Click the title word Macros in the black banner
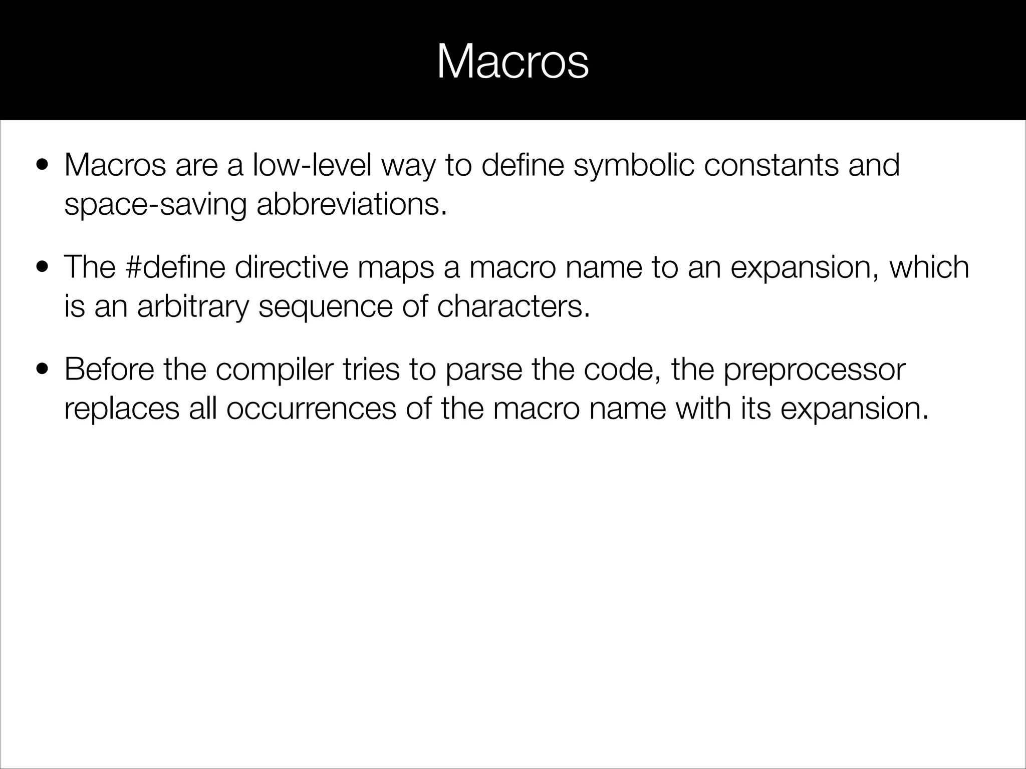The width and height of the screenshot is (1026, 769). (x=512, y=63)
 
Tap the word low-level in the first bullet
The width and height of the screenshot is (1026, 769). (x=312, y=165)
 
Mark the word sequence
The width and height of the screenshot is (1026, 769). (x=325, y=307)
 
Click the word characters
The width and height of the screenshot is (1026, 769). (x=513, y=306)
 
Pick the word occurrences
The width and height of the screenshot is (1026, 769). (x=311, y=409)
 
